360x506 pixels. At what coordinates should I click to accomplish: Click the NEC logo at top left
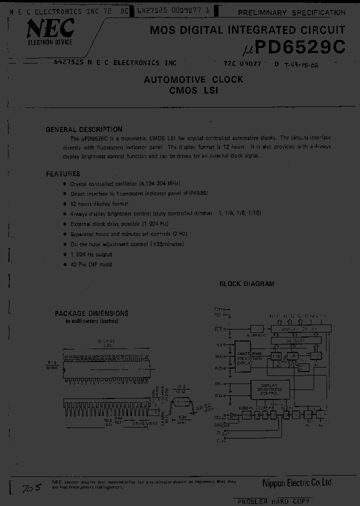tap(49, 30)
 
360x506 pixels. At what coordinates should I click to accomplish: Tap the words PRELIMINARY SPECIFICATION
tap(290, 12)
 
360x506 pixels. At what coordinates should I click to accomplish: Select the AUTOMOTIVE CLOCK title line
tap(193, 79)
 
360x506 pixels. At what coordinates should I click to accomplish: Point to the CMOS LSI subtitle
tap(193, 90)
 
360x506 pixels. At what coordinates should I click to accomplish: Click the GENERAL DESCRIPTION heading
tap(84, 129)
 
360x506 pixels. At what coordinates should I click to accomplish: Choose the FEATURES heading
tap(63, 174)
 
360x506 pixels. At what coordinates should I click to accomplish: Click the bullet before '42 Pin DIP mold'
tap(64, 264)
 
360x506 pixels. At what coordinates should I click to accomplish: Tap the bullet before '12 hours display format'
tap(64, 203)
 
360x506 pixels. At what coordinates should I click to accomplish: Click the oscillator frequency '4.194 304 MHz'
tap(159, 183)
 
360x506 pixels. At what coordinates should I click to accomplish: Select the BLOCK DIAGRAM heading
tap(247, 283)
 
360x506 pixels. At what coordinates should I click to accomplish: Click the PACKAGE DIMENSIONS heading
tap(91, 313)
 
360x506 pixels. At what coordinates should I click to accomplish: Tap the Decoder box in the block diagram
tap(295, 339)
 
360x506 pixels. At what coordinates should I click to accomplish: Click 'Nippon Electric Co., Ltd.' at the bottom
tap(297, 482)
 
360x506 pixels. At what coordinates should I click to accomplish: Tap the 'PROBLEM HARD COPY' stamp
tap(273, 501)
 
